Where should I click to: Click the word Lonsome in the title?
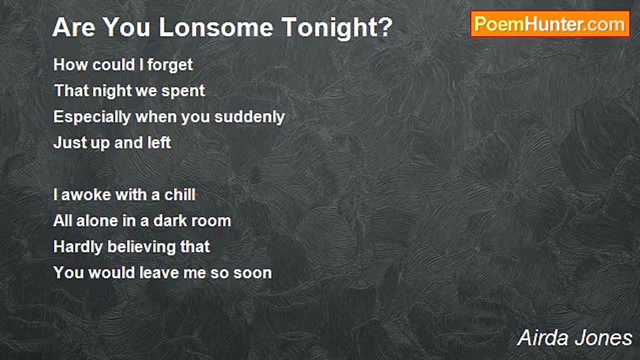(215, 27)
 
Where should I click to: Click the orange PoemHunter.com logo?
(550, 24)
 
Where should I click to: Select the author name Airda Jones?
(574, 338)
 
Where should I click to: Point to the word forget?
(170, 65)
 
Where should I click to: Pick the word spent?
(183, 91)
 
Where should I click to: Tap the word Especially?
(92, 117)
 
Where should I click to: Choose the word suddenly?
(249, 117)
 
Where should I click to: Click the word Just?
(70, 142)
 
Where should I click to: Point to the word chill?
(180, 194)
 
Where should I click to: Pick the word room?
(211, 221)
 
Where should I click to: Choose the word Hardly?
(78, 247)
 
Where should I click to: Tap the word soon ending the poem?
(252, 273)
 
